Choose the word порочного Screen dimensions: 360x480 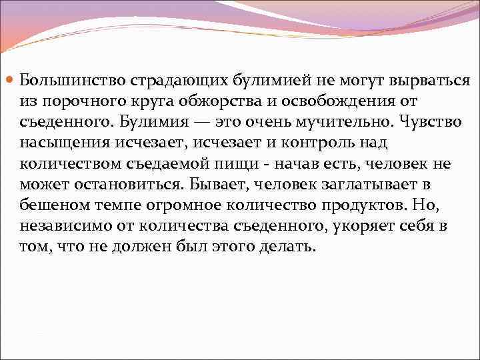(79, 101)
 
